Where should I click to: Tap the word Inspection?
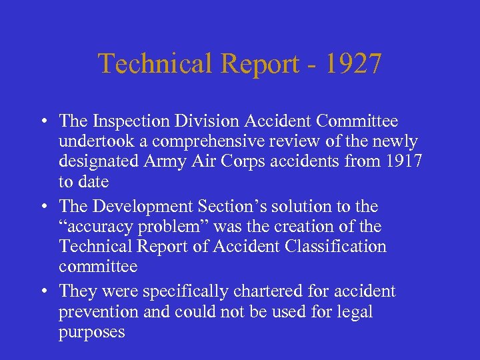point(126,121)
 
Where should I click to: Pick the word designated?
point(99,162)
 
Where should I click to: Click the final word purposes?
point(91,331)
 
